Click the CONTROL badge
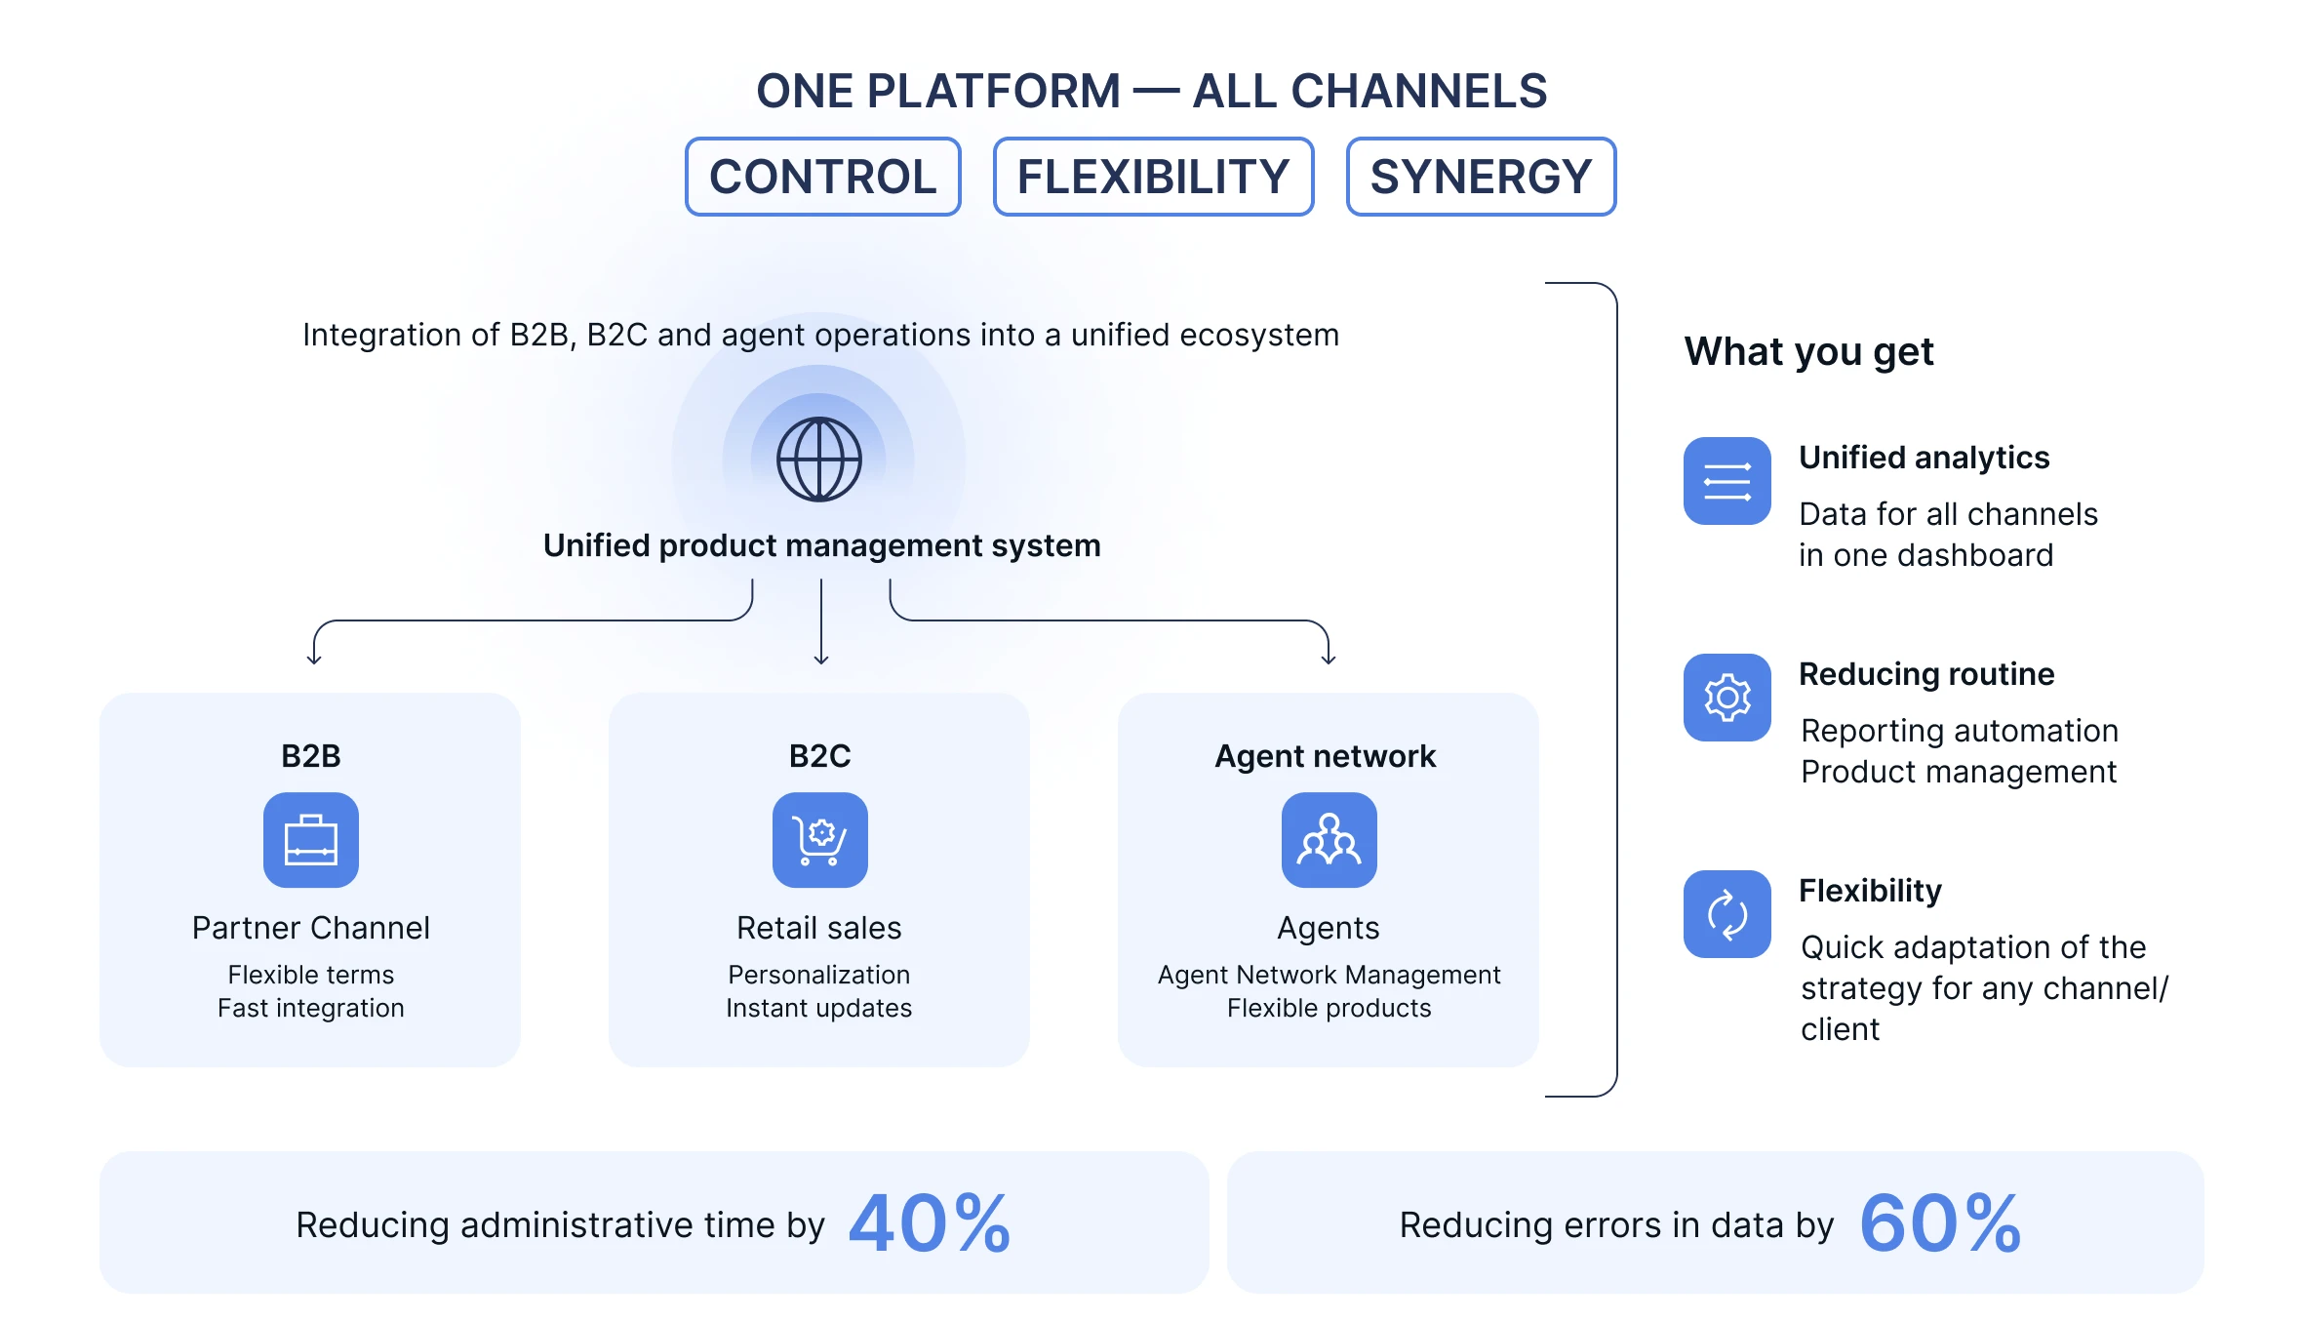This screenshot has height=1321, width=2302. pyautogui.click(x=822, y=177)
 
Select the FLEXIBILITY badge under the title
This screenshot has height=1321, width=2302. pyautogui.click(x=1153, y=177)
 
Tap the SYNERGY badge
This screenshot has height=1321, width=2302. pyautogui.click(x=1481, y=177)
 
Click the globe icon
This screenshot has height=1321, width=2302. pyautogui.click(x=818, y=460)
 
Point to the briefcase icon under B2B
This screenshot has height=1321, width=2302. pyautogui.click(x=311, y=840)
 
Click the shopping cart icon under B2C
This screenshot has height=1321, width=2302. pyautogui.click(x=820, y=840)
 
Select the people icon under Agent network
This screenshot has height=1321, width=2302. pyautogui.click(x=1329, y=840)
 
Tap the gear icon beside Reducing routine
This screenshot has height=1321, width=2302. pyautogui.click(x=1726, y=698)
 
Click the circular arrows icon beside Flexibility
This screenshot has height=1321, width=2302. pyautogui.click(x=1726, y=914)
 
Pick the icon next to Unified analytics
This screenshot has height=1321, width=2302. pyautogui.click(x=1726, y=481)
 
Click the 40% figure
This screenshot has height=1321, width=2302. pyautogui.click(x=930, y=1223)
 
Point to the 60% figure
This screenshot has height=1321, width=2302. pyautogui.click(x=1940, y=1223)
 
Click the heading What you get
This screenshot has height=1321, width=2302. pyautogui.click(x=1808, y=351)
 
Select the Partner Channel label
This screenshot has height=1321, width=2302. pyautogui.click(x=311, y=928)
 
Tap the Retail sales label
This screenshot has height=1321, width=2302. pyautogui.click(x=819, y=928)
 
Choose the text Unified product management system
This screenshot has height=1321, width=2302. pyautogui.click(x=821, y=545)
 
